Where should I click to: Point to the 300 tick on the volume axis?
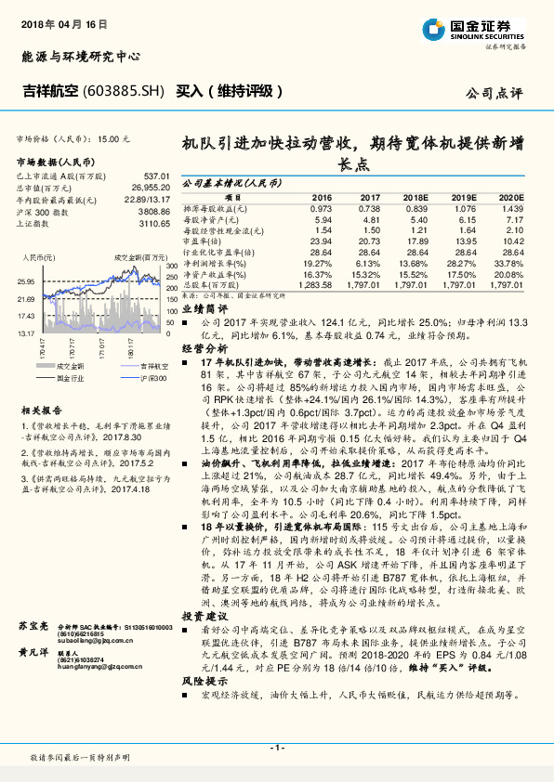point(172,267)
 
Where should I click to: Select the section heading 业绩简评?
point(204,307)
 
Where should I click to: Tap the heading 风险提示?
point(204,680)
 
